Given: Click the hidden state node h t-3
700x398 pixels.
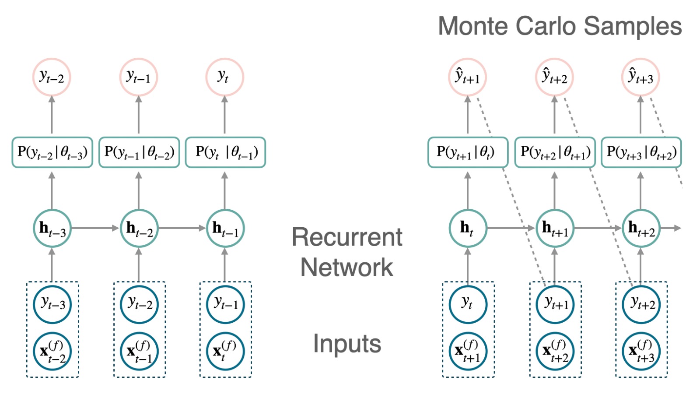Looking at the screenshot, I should tap(52, 228).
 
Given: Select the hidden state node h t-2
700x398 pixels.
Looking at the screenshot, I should tap(139, 228).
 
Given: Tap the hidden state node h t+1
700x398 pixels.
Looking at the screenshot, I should tap(555, 228).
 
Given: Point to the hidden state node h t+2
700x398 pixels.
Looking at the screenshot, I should tap(641, 228).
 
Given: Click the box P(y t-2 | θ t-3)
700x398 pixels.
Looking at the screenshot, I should tap(52, 152).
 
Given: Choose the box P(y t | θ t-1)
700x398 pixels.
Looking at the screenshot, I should tap(225, 152).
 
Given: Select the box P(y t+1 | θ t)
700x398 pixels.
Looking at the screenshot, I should tap(468, 152).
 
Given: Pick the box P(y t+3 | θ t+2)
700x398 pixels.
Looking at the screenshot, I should tap(641, 152).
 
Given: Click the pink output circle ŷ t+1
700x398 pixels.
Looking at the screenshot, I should tap(468, 77).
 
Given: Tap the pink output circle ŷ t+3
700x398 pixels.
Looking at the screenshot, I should tap(641, 77).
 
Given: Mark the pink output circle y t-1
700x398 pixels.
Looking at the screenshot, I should tap(139, 77).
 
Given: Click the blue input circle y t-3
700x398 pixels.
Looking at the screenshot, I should tap(52, 304).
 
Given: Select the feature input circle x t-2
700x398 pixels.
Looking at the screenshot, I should tap(52, 351).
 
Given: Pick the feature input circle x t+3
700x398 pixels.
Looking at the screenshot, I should tap(641, 351).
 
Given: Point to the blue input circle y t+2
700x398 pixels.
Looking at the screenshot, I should tap(641, 304).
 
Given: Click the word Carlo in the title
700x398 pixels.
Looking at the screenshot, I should tap(547, 26).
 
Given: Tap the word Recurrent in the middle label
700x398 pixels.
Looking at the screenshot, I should tap(347, 237).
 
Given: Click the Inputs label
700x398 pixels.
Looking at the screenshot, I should tap(347, 344).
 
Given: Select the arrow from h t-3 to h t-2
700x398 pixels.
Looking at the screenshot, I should tap(95, 228).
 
